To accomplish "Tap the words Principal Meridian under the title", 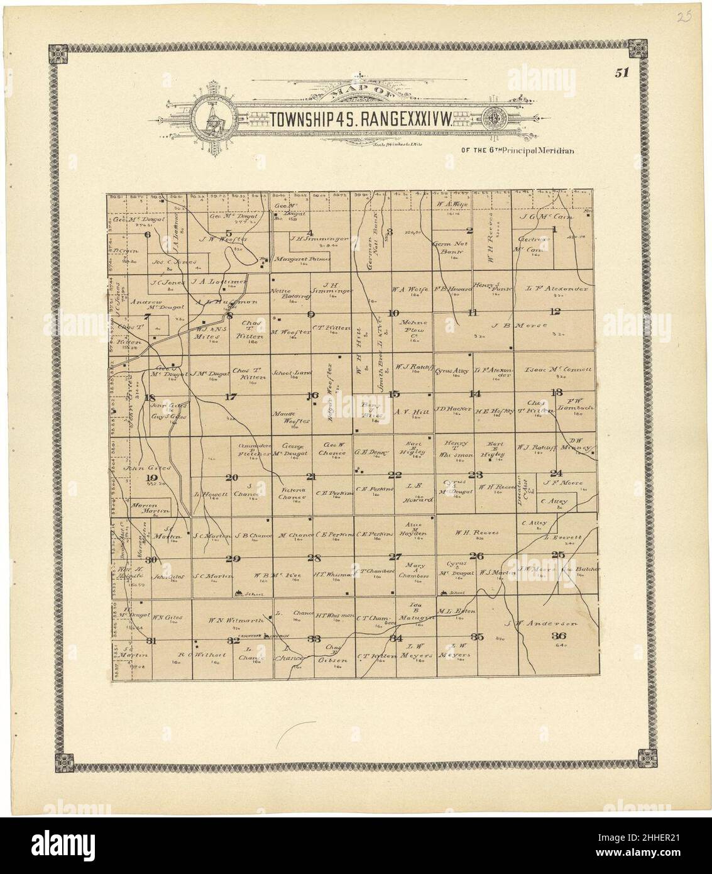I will point(542,150).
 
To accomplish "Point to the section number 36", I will point(557,636).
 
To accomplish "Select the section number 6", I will point(148,235).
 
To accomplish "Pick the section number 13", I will point(556,393).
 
